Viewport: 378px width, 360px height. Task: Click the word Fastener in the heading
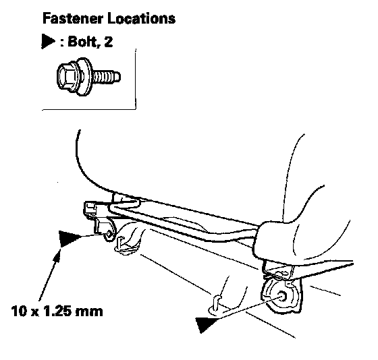click(x=73, y=18)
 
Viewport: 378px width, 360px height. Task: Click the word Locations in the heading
click(x=142, y=18)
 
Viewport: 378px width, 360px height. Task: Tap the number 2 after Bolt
click(x=109, y=41)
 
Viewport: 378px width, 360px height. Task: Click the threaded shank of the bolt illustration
click(x=106, y=77)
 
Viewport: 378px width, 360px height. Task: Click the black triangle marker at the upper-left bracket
click(x=70, y=239)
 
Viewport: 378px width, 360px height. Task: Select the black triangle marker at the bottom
click(x=205, y=324)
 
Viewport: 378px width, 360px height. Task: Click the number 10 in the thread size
click(x=19, y=311)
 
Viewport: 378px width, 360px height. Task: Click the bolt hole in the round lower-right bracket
click(x=282, y=295)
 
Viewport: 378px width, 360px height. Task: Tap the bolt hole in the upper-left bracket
click(x=109, y=233)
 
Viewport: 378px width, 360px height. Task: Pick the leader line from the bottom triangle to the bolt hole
click(x=248, y=308)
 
